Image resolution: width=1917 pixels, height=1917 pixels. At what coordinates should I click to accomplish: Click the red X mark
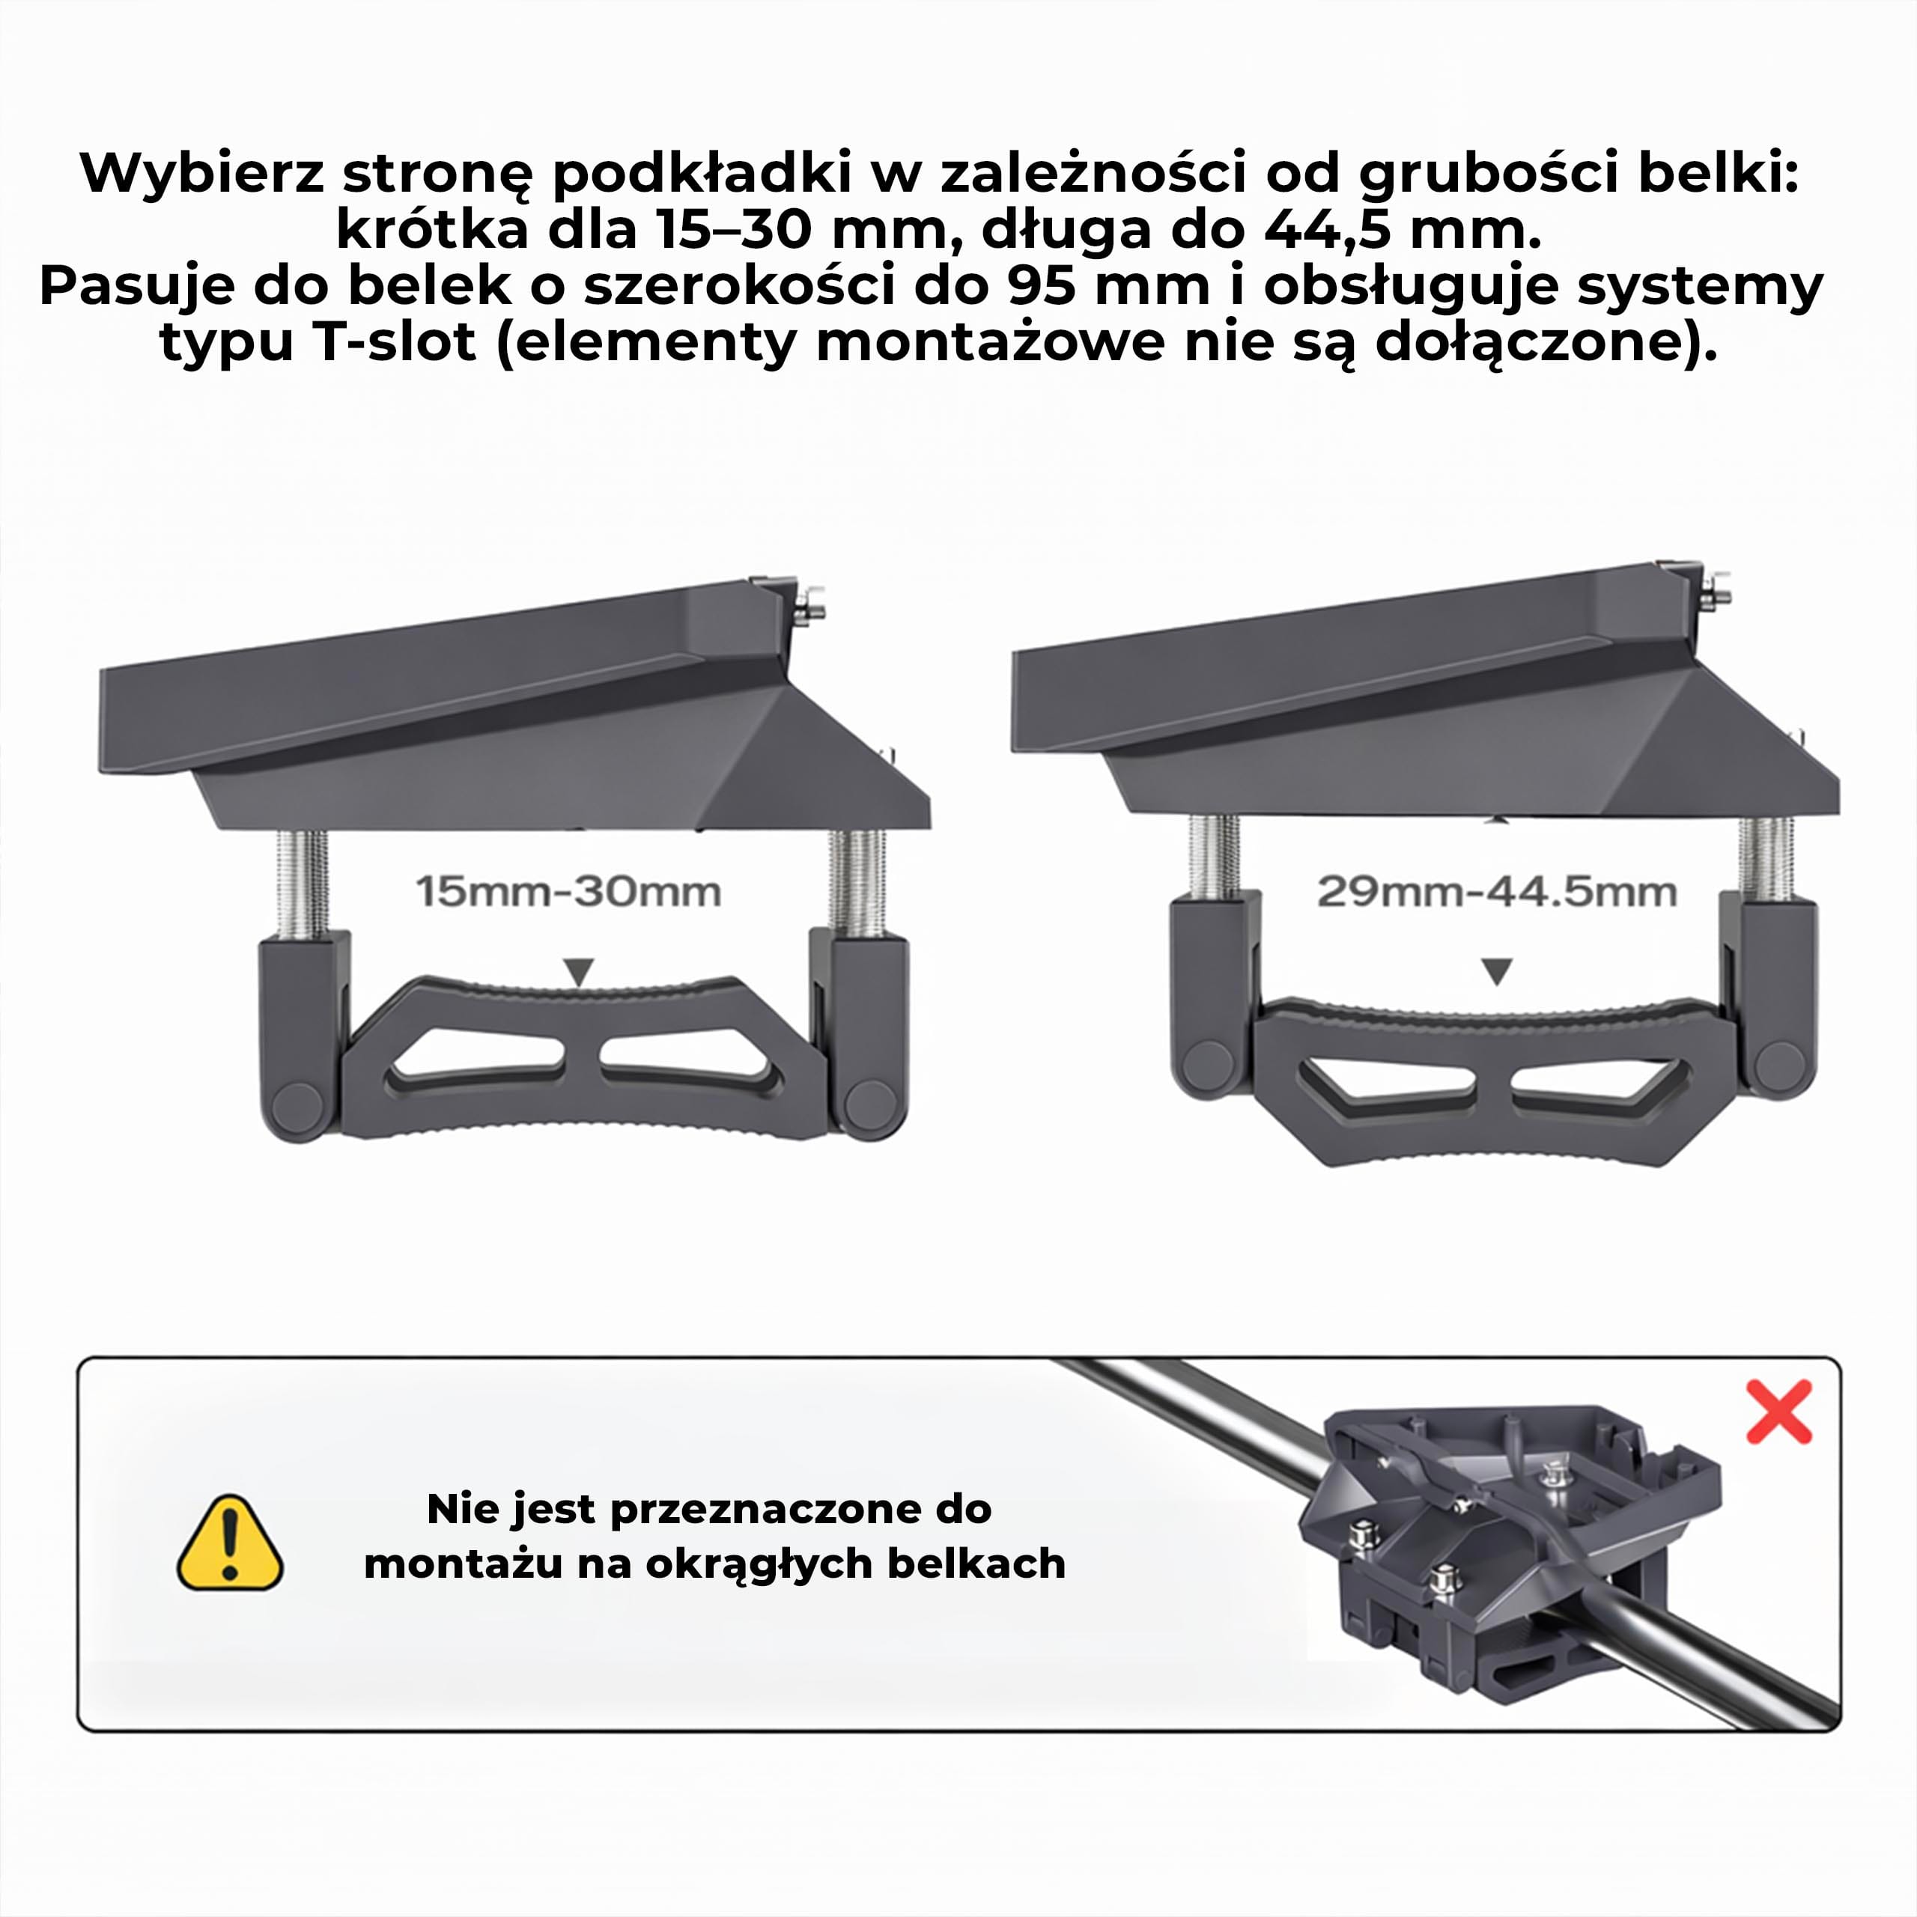(x=1779, y=1411)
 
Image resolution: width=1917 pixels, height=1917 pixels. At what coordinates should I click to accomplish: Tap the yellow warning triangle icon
(x=229, y=1543)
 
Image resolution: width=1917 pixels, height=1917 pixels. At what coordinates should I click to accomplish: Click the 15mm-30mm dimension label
(x=568, y=892)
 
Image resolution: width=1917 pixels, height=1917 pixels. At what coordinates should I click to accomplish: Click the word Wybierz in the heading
(x=202, y=174)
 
